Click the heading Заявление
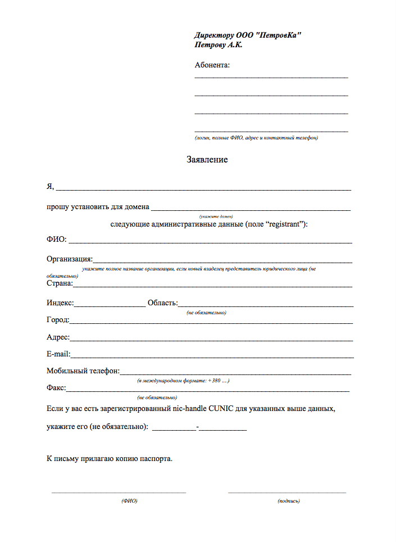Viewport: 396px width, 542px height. (207, 160)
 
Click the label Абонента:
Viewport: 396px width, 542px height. (212, 65)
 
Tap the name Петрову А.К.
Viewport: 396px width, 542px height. (219, 44)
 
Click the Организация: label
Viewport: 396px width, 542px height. (70, 259)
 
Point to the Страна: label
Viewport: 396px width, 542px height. (60, 283)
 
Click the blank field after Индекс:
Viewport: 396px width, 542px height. (110, 305)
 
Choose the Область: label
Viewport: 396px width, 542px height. (162, 304)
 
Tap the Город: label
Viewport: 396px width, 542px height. (58, 320)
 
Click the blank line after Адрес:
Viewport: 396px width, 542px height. (211, 339)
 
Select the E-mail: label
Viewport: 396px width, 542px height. (58, 354)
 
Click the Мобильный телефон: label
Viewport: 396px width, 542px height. (83, 371)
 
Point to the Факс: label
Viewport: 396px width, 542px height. (56, 388)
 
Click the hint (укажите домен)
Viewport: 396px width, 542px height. (216, 216)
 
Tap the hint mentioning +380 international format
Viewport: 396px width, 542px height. (183, 381)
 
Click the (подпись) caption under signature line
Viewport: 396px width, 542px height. (289, 500)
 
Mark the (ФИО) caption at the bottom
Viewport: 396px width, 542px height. (129, 500)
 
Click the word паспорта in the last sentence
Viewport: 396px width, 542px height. (154, 458)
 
